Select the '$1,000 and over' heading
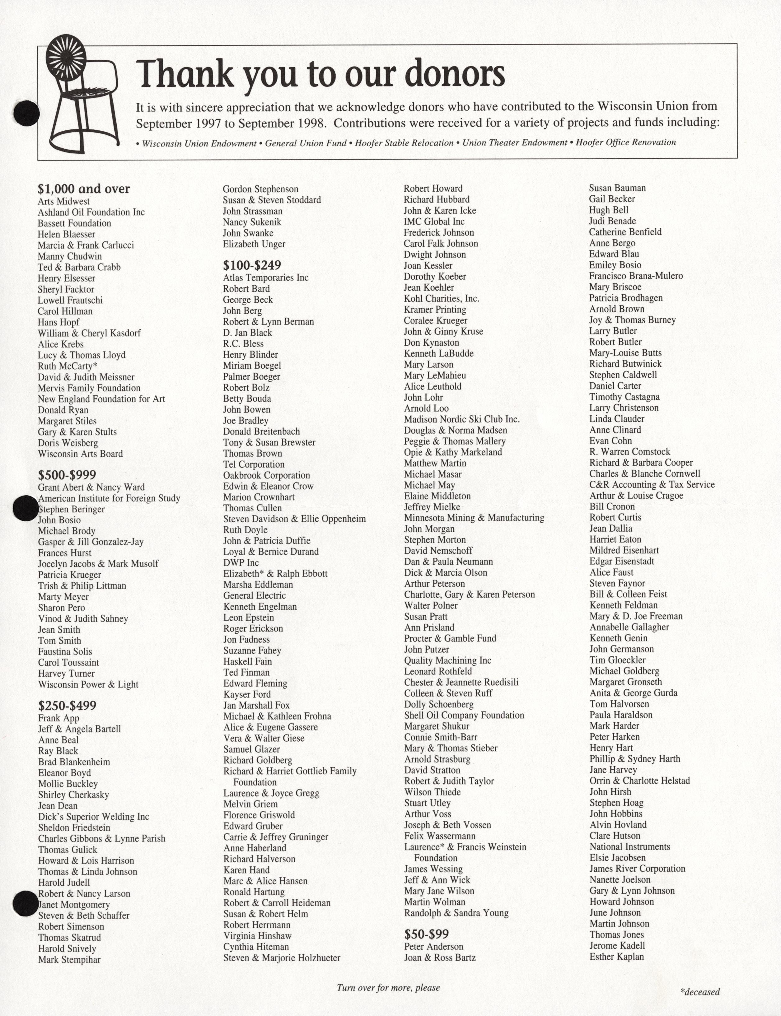pyautogui.click(x=84, y=189)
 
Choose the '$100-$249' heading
pyautogui.click(x=252, y=265)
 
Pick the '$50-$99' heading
pyautogui.click(x=426, y=921)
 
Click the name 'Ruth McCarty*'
pyautogui.click(x=68, y=366)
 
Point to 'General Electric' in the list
pyautogui.click(x=254, y=595)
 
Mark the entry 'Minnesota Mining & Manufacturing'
pyautogui.click(x=474, y=518)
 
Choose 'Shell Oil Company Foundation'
pyautogui.click(x=464, y=715)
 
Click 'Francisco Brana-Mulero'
pyautogui.click(x=635, y=276)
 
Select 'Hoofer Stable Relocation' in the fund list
pyautogui.click(x=404, y=143)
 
